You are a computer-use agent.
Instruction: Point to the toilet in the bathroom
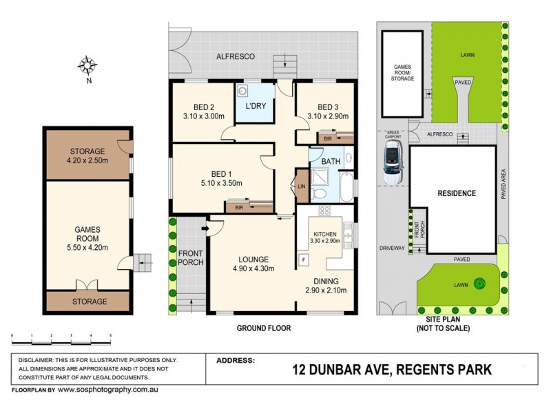coord(319,195)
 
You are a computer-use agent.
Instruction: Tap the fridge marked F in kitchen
coord(303,259)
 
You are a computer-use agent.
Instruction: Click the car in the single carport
coord(393,165)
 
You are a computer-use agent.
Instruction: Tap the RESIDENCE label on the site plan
coord(457,193)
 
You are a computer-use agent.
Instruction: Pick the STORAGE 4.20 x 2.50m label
coord(87,156)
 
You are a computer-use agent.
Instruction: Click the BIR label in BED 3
coord(328,139)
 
